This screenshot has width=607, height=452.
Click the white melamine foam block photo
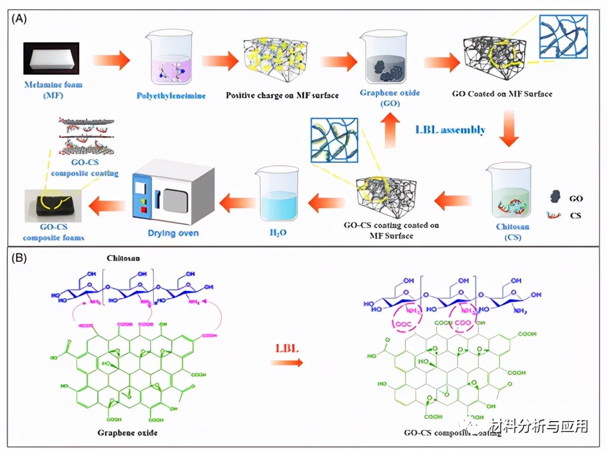(x=51, y=58)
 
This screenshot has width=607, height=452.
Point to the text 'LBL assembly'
(x=451, y=129)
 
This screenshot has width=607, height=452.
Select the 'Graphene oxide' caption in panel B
(x=126, y=432)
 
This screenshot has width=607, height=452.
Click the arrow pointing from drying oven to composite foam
(x=105, y=206)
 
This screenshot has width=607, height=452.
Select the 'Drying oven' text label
(x=173, y=233)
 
